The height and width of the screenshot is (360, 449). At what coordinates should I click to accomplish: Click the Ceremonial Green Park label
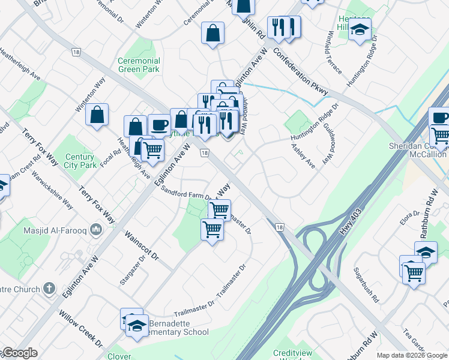click(x=139, y=65)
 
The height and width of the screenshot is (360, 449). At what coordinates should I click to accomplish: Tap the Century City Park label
click(x=80, y=160)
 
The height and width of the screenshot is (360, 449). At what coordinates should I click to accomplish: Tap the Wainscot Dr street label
click(x=142, y=247)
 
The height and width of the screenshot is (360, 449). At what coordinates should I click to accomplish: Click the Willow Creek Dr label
click(x=80, y=329)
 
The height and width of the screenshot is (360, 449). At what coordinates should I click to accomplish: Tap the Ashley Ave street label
click(x=303, y=155)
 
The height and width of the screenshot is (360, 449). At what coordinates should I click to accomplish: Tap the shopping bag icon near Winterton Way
click(x=97, y=115)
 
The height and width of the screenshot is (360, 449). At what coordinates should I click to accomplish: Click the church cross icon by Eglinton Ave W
click(x=51, y=289)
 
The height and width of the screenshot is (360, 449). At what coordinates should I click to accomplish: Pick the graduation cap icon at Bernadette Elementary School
click(x=137, y=325)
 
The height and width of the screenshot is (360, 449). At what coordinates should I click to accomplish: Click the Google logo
click(x=19, y=353)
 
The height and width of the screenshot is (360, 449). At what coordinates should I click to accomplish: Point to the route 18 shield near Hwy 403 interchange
click(x=279, y=226)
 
